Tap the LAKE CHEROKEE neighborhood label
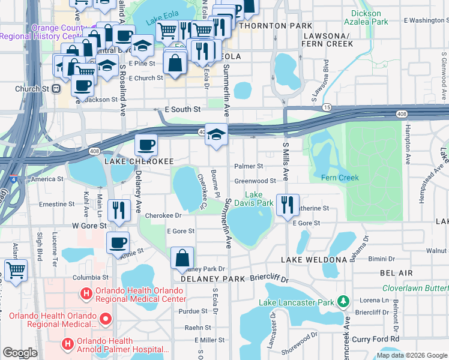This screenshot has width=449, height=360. coord(139,161)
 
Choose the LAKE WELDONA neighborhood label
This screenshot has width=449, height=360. coord(314,259)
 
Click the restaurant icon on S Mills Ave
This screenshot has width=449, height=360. coord(288,204)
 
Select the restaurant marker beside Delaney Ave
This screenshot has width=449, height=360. coord(118,209)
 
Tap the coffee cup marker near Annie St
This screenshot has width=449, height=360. coord(118,242)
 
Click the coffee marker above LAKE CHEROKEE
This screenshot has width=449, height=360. coord(146,145)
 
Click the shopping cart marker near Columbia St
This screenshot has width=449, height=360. coord(16,269)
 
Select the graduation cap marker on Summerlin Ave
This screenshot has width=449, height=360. coord(216,134)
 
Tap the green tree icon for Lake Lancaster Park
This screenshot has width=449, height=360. coord(343,301)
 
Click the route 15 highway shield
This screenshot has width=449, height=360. coord(327,107)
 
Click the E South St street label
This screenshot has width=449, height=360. coord(182,110)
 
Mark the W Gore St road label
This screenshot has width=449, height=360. coord(89,226)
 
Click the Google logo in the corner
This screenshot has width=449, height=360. coord(20,353)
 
